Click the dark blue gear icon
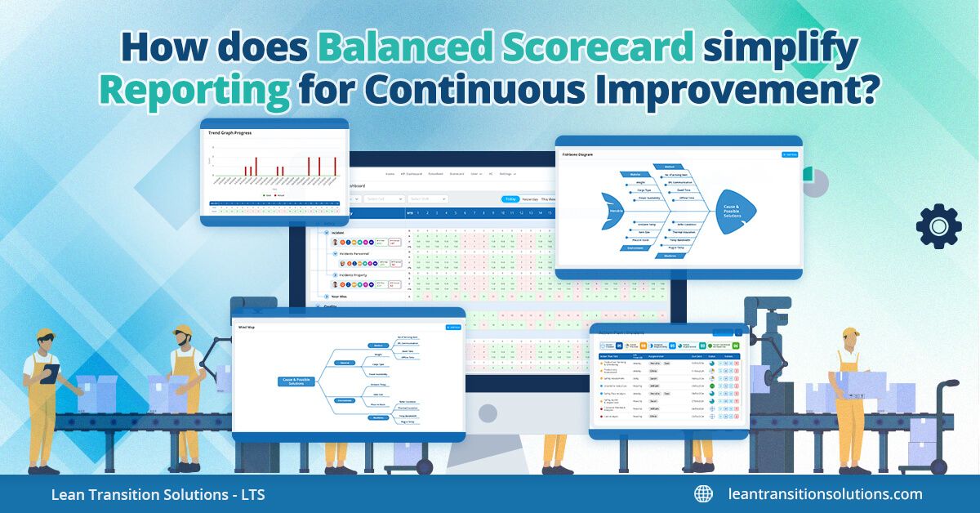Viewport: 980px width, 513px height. pyautogui.click(x=938, y=226)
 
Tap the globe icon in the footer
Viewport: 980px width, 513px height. pyautogui.click(x=703, y=493)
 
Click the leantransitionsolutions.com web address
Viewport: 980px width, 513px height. pyautogui.click(x=825, y=493)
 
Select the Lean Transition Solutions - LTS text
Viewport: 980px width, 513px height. pyautogui.click(x=158, y=494)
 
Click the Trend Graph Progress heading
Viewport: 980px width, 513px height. pyautogui.click(x=229, y=132)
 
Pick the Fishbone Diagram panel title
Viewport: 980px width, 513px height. pyautogui.click(x=577, y=154)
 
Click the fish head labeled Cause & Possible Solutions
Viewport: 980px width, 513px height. pyautogui.click(x=733, y=212)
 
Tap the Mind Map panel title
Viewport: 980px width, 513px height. pyautogui.click(x=247, y=326)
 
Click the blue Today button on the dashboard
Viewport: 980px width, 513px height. pyautogui.click(x=510, y=199)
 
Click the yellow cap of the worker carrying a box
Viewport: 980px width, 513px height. pyautogui.click(x=850, y=332)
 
